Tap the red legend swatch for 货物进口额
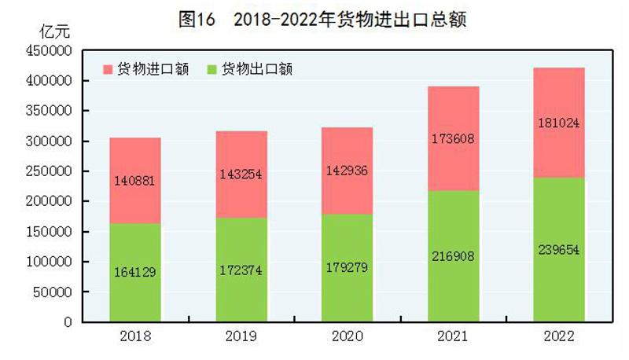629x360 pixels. coord(109,69)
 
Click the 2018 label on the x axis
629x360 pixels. coord(135,336)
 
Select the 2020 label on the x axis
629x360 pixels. coord(347,336)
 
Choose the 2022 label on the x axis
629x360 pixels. coord(559,336)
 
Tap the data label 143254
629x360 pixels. coord(241,175)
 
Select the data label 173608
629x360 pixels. coord(453,139)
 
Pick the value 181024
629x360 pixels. coord(559,123)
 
